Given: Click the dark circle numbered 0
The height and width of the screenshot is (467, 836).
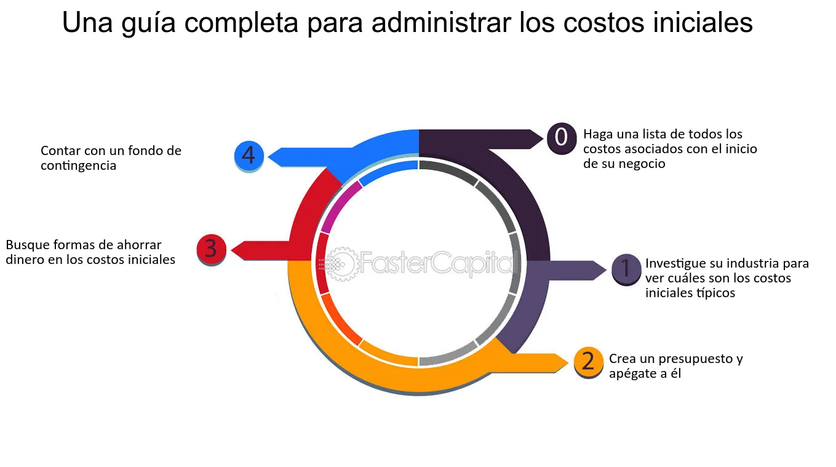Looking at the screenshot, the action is coord(562,138).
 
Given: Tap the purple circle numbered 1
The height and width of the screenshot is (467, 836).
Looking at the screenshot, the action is coord(626,269).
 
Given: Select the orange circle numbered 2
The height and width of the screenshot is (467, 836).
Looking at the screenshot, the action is coord(589,362).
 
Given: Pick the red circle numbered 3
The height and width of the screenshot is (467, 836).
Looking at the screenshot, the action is coord(211,249).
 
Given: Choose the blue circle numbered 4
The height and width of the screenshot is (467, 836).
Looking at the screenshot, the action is coord(249,156).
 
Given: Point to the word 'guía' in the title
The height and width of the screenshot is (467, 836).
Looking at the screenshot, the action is coord(148,24).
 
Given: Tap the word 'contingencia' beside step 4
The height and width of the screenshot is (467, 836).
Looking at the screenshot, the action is coord(78,166).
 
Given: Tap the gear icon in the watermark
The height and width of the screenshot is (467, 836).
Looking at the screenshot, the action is coord(339,263).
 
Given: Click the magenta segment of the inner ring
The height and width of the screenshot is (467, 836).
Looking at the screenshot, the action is coord(340,206).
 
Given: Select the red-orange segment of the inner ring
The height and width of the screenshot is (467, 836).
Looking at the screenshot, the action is coord(340,319).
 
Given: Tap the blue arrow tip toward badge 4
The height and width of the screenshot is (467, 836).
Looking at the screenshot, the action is coord(269,157).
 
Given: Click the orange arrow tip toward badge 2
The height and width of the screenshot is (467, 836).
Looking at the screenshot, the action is coord(568,363).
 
